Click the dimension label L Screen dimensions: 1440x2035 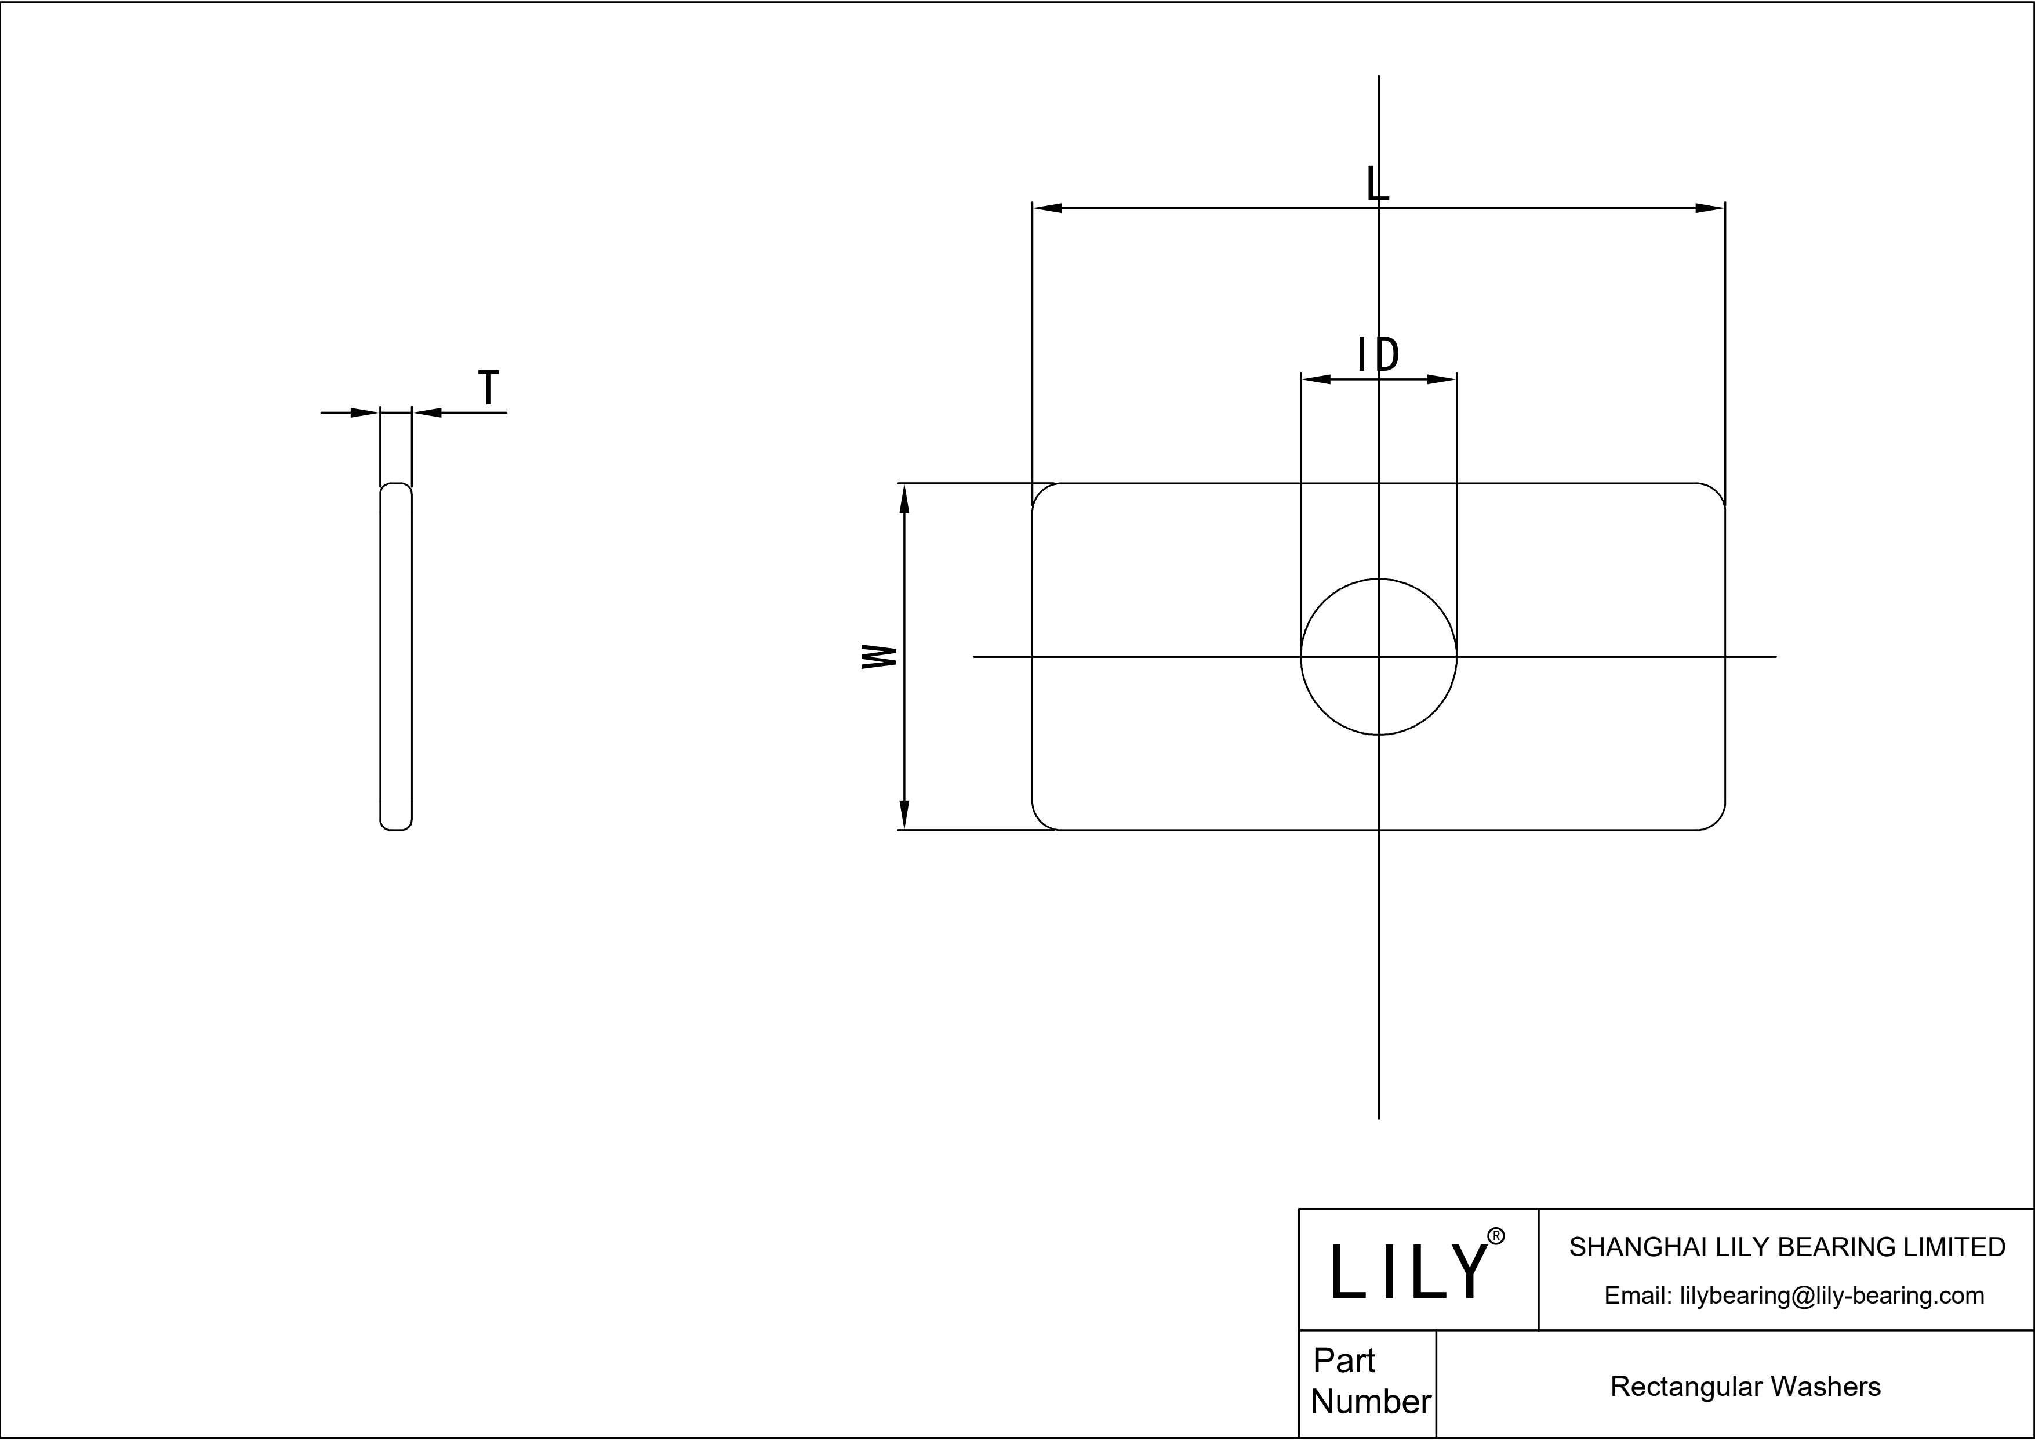[x=1376, y=183]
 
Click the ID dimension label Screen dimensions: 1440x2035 [x=1378, y=354]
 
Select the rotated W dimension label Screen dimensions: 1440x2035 [x=880, y=656]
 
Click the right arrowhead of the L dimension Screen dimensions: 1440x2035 [x=1709, y=208]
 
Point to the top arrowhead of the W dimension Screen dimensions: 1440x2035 [x=904, y=499]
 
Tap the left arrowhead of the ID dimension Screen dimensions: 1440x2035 [x=1316, y=379]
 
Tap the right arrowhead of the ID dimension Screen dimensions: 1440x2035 [x=1442, y=379]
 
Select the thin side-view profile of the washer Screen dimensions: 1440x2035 [x=396, y=656]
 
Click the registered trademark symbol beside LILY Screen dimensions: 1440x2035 [x=1495, y=1236]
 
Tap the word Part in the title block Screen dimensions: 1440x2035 [x=1344, y=1360]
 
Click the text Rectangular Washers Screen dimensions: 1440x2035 [x=1745, y=1386]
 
